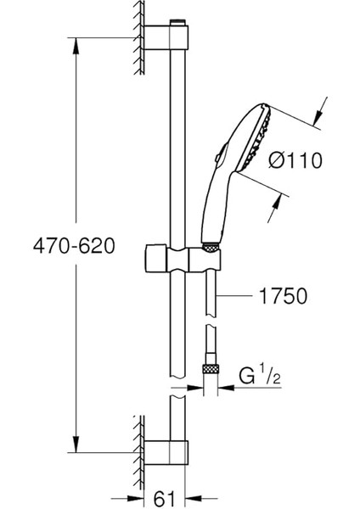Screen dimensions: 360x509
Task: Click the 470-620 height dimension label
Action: [74, 245]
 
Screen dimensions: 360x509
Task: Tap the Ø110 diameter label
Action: [295, 160]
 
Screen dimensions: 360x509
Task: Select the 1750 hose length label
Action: [283, 296]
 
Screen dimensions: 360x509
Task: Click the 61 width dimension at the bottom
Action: [164, 498]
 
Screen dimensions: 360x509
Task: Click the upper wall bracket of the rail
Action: [166, 37]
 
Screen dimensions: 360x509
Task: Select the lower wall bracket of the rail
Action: [166, 452]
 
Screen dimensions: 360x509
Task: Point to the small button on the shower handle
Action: [219, 154]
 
